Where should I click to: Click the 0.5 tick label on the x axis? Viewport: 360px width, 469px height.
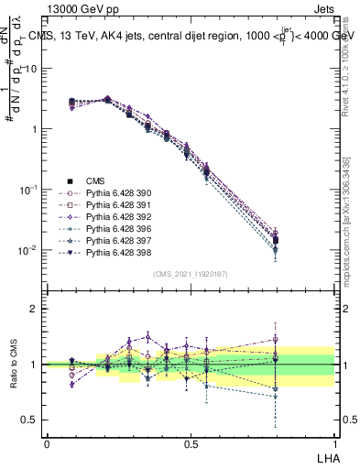[x=191, y=442]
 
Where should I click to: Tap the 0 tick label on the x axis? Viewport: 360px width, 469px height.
[x=47, y=442]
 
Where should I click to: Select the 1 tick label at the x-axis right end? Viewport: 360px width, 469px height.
[x=334, y=442]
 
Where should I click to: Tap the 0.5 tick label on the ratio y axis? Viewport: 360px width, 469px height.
[x=31, y=420]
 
